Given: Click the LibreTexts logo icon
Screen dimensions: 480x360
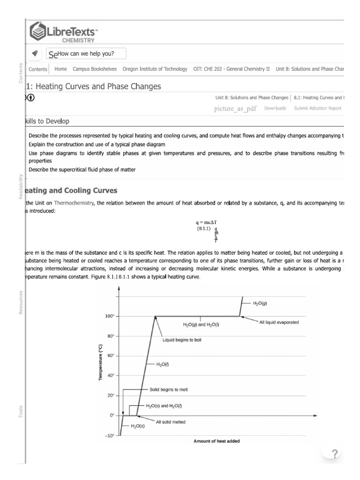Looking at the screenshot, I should (38, 32).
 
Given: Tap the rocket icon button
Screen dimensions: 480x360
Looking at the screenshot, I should (35, 54).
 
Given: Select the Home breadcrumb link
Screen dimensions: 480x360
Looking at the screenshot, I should (60, 69).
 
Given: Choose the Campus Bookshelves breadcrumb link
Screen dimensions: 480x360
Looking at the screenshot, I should (95, 69).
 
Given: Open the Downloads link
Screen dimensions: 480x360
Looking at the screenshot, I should (275, 108).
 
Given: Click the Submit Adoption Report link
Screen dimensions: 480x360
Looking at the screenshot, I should (317, 108).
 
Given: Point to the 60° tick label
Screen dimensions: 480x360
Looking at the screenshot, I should (110, 356).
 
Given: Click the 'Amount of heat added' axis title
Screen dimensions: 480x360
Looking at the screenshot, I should (217, 441).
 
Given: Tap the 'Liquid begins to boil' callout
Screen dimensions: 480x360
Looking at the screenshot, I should (182, 340).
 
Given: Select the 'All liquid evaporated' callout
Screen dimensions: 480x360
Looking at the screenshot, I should (279, 322).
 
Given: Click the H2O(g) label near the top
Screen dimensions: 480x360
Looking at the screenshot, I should (260, 303).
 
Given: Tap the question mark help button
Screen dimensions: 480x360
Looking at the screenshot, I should (334, 453).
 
